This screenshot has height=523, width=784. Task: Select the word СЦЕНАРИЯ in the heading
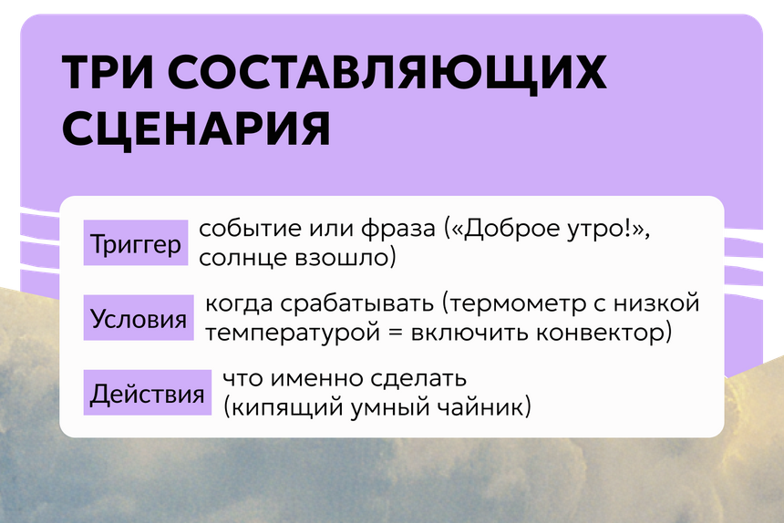(x=196, y=128)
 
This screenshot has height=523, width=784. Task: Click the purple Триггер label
(x=136, y=242)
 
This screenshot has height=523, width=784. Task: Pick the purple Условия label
(x=139, y=318)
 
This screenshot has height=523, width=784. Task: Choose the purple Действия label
(x=148, y=393)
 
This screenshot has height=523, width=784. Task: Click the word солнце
(x=242, y=258)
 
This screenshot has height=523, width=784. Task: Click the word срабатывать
(x=357, y=304)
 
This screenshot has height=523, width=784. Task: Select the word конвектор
(x=604, y=333)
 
